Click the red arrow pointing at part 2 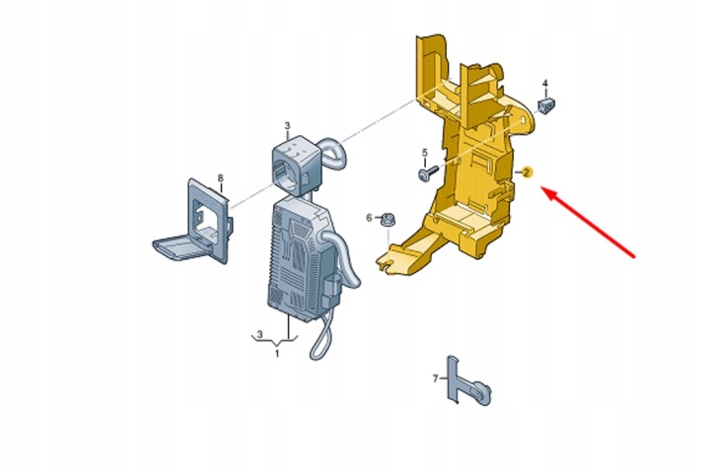coord(588,223)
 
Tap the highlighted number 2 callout coord(527,172)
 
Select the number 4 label coord(545,84)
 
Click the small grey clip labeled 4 coord(546,105)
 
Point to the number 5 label coord(425,153)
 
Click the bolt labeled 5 coord(428,172)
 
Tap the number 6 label coord(369,218)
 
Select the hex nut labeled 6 coord(389,220)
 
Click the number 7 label coord(436,378)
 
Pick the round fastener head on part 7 coord(483,392)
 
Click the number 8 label coord(221,178)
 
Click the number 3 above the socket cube coord(287,125)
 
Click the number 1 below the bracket coord(277,353)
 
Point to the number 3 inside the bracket coord(259,334)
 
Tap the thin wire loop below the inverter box coord(322,339)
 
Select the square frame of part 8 coord(207,221)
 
